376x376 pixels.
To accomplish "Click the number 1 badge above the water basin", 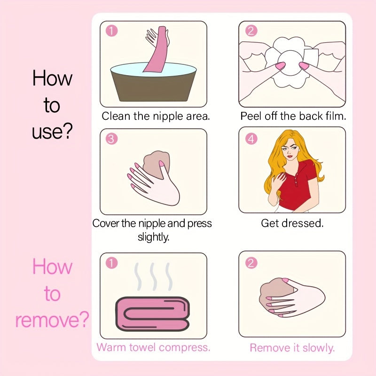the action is pos(112,31).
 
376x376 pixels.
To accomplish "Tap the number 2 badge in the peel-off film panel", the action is pos(251,31).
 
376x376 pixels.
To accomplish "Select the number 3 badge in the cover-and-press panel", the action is pos(112,138).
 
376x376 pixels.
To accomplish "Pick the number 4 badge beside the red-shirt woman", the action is pos(251,139).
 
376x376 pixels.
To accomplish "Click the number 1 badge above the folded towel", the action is pos(112,263).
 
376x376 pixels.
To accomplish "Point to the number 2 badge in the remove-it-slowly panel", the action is pos(251,263).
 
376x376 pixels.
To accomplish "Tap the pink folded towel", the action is pos(153,314).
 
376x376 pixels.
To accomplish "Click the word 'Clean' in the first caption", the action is pos(117,116).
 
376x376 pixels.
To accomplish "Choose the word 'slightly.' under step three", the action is pos(154,237).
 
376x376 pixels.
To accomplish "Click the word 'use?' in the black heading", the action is pos(52,132).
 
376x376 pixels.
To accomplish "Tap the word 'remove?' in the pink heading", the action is pos(52,320).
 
